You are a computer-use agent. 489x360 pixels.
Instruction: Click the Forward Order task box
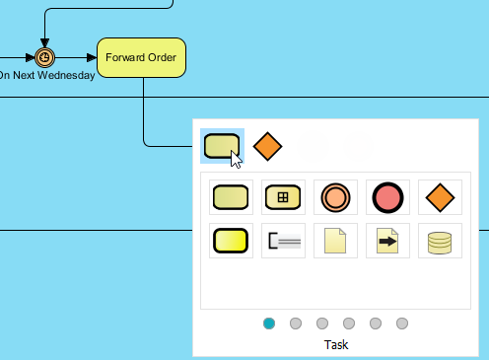142,57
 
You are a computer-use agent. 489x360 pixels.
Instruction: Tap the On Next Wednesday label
46,75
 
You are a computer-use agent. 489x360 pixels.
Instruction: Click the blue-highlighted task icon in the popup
221,146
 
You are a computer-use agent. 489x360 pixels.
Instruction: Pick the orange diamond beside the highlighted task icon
267,146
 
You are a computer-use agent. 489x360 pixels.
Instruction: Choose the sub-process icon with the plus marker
283,196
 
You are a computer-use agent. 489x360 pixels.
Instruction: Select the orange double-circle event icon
335,196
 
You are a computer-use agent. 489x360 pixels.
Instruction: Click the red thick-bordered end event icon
387,196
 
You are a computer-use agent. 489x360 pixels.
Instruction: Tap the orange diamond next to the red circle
439,196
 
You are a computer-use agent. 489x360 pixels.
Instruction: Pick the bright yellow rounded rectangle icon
231,240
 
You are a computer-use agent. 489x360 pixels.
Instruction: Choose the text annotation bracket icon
283,240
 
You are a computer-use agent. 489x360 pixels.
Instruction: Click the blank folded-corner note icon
335,240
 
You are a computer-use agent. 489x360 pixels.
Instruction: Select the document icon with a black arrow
387,240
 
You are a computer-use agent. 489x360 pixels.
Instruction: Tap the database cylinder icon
439,240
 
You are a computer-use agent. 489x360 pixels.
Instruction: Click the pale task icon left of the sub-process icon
231,196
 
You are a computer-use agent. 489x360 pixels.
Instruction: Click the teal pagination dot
269,323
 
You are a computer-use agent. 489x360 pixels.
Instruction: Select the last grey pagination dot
402,323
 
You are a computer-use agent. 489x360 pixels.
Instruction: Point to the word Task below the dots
336,345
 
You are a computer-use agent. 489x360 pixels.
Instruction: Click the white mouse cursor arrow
236,158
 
